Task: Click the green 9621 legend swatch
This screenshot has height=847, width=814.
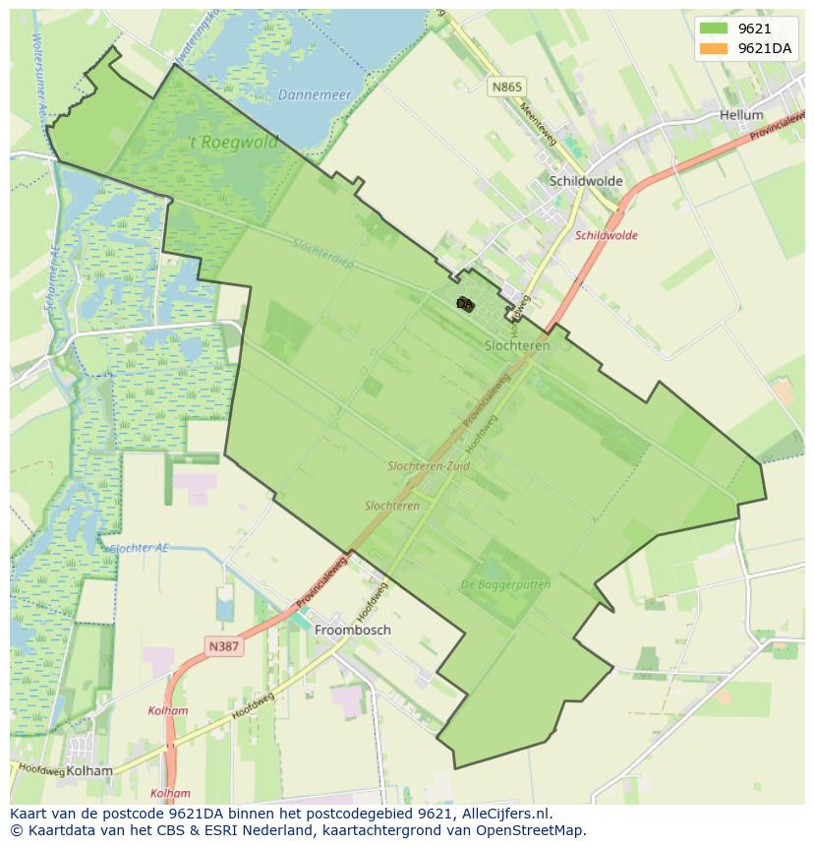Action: tap(715, 29)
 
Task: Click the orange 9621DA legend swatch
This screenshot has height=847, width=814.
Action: tap(715, 48)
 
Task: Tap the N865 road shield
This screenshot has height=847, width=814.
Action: tap(507, 88)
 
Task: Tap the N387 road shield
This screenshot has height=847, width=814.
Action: tap(224, 646)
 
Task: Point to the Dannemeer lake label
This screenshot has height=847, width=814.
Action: tap(315, 95)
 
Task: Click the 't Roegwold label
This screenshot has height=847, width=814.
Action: tap(233, 142)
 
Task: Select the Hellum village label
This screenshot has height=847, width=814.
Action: tap(741, 115)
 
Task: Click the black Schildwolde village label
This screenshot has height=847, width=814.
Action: tap(586, 181)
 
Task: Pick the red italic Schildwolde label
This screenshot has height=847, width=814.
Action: tap(607, 235)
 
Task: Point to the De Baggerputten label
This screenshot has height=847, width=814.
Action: tap(505, 584)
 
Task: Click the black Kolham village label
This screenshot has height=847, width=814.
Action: tap(87, 771)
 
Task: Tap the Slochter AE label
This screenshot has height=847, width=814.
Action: tap(140, 548)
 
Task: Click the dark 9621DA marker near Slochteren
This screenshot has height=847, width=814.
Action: tap(465, 304)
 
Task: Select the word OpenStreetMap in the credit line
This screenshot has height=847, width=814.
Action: tap(536, 830)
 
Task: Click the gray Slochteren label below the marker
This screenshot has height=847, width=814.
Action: tap(517, 345)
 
